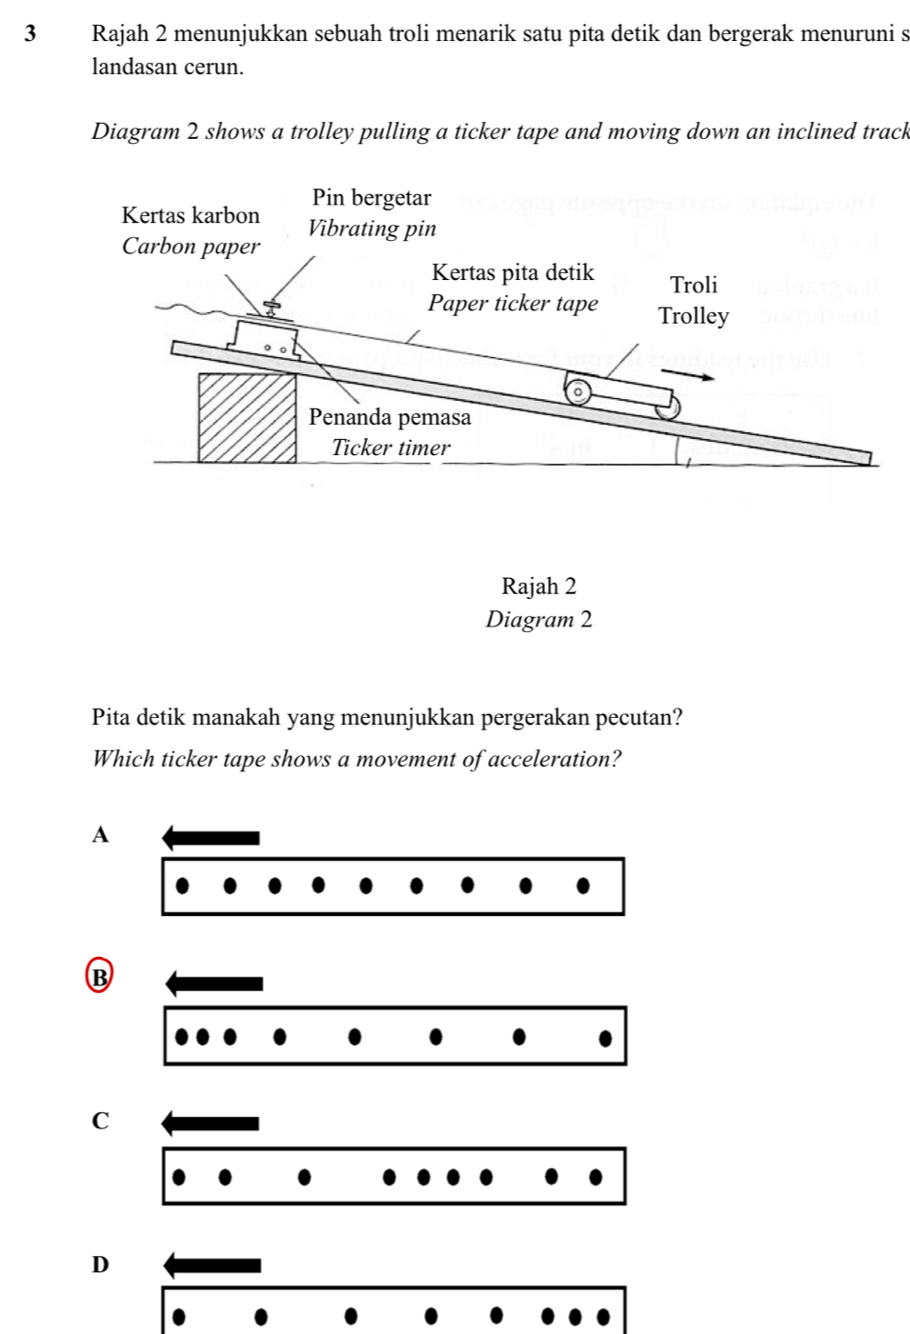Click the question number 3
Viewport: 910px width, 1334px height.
pyautogui.click(x=30, y=33)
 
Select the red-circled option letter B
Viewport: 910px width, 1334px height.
pyautogui.click(x=99, y=976)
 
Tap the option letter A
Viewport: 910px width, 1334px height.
pyautogui.click(x=101, y=835)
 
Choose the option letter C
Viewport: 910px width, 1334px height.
pyautogui.click(x=101, y=1121)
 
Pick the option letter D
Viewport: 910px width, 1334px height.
pyautogui.click(x=101, y=1264)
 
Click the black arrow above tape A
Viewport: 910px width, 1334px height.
pyautogui.click(x=211, y=838)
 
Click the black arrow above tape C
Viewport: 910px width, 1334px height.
pyautogui.click(x=211, y=1124)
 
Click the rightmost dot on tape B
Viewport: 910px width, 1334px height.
pyautogui.click(x=605, y=1037)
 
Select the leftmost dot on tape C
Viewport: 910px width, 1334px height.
pyautogui.click(x=178, y=1176)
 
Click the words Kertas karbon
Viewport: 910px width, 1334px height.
pyautogui.click(x=191, y=215)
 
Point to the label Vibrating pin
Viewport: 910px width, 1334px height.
pyautogui.click(x=372, y=229)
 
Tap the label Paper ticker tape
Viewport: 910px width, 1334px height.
pyautogui.click(x=513, y=303)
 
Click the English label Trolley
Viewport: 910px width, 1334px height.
pyautogui.click(x=694, y=316)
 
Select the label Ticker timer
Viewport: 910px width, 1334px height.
pyautogui.click(x=391, y=448)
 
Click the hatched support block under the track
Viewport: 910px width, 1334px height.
pyautogui.click(x=247, y=417)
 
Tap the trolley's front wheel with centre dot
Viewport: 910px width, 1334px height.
pyautogui.click(x=577, y=391)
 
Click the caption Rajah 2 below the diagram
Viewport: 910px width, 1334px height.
pyautogui.click(x=538, y=586)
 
